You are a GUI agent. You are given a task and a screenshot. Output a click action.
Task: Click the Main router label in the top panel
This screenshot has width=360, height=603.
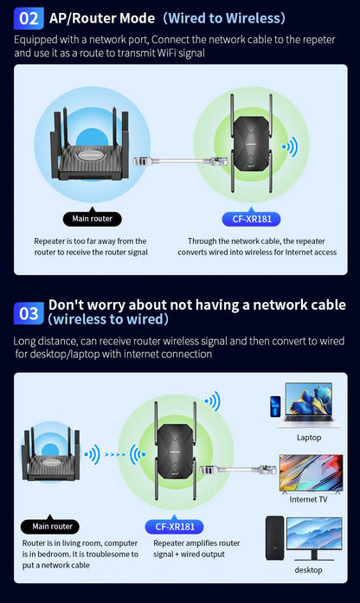[92, 219]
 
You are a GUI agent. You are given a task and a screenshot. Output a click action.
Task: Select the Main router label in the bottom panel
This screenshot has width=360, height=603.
[52, 525]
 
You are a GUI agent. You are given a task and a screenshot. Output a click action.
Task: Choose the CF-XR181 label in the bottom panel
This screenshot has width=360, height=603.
[174, 525]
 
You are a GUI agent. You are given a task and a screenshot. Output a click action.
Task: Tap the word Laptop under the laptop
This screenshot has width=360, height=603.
[308, 438]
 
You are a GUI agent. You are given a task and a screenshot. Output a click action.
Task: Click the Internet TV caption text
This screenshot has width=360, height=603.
[308, 499]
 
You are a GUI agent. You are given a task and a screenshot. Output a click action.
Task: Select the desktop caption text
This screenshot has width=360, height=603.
[308, 569]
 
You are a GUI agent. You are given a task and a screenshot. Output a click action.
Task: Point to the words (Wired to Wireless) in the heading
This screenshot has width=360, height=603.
[224, 17]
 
